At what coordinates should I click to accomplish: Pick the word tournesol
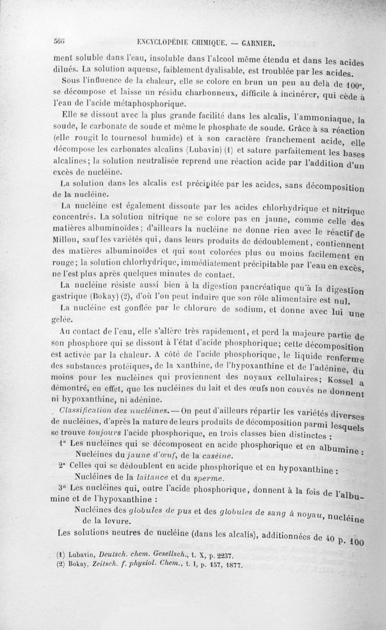pos(114,139)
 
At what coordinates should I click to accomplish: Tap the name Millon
pos(64,238)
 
